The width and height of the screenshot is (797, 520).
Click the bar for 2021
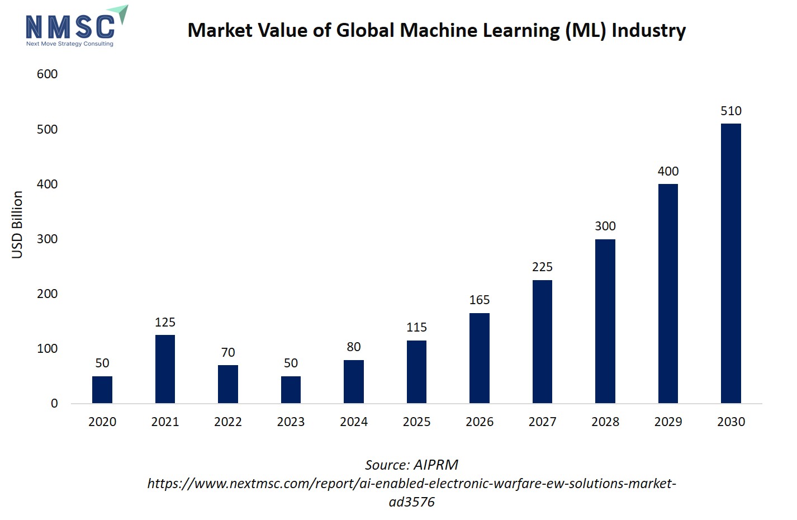point(165,369)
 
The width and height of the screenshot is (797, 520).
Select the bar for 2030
point(730,263)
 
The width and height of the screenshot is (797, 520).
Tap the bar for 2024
point(354,381)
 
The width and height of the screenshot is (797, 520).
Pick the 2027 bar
point(542,342)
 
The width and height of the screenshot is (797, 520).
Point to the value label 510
point(730,111)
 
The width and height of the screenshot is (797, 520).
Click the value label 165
point(480,300)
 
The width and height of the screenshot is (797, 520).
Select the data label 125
point(165,322)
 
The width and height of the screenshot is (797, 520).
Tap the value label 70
point(228,352)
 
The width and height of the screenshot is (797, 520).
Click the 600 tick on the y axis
point(47,74)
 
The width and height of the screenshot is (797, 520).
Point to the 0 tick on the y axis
point(54,403)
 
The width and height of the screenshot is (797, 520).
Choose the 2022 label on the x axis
point(228,422)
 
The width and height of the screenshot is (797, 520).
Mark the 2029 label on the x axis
point(668,422)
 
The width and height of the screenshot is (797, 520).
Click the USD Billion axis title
point(17,225)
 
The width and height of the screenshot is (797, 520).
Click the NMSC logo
point(73,27)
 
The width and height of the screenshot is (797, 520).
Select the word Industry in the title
point(648,30)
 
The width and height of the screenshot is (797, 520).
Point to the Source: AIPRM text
point(411,465)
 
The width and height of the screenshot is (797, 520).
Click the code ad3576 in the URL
point(411,502)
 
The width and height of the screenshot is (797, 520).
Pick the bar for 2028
point(605,322)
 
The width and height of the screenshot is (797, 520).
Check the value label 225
point(542,267)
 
